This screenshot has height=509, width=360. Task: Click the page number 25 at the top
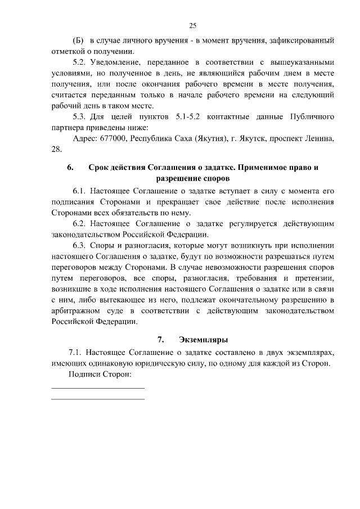coord(192,26)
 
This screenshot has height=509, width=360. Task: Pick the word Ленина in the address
coord(320,138)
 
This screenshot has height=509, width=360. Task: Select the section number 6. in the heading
coord(70,168)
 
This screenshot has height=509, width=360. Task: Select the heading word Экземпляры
coord(204,340)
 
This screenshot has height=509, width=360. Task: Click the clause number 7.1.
coord(75,352)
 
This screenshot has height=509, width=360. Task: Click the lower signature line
coord(98,399)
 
